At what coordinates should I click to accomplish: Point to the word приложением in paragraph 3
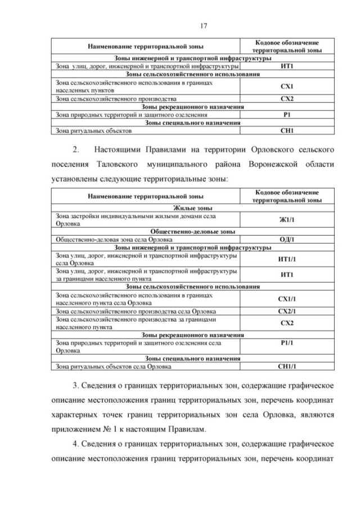pyautogui.click(x=80, y=428)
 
